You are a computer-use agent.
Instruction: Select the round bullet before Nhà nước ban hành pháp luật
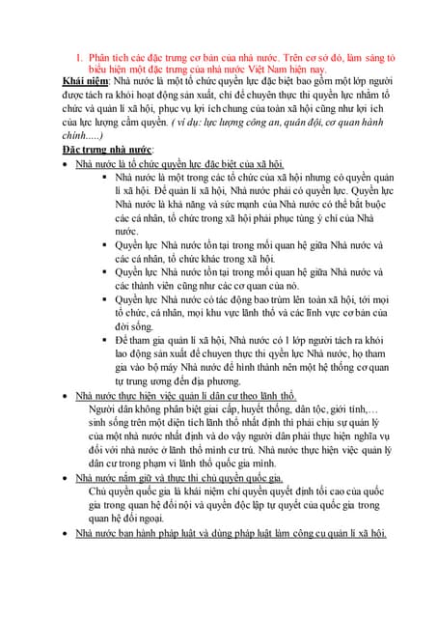(64, 533)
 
